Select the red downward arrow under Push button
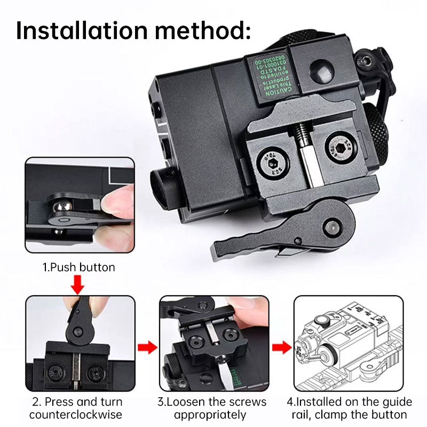click(x=78, y=284)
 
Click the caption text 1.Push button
click(x=79, y=267)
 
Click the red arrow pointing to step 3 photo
click(x=147, y=348)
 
